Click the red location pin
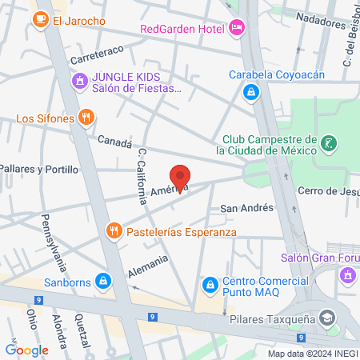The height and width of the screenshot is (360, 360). (x=181, y=178)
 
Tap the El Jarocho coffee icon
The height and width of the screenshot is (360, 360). (x=40, y=21)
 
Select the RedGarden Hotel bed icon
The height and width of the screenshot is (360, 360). (x=236, y=29)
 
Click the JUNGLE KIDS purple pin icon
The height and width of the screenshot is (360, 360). (x=79, y=81)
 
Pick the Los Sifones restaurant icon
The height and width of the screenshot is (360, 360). (x=86, y=119)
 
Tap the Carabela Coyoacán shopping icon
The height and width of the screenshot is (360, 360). (x=251, y=93)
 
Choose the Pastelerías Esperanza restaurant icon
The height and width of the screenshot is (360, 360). (x=115, y=232)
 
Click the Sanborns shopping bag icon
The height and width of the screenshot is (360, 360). (x=102, y=281)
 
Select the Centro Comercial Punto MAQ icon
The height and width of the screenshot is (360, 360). (x=210, y=284)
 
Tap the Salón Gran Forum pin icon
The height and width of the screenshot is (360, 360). (x=347, y=275)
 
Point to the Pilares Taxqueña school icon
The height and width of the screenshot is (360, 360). (x=326, y=318)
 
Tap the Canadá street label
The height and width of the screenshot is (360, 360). (x=114, y=142)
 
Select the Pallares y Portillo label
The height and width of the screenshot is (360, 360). (x=39, y=170)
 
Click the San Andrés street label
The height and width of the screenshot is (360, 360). (x=246, y=208)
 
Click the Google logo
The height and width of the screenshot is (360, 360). (x=26, y=350)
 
